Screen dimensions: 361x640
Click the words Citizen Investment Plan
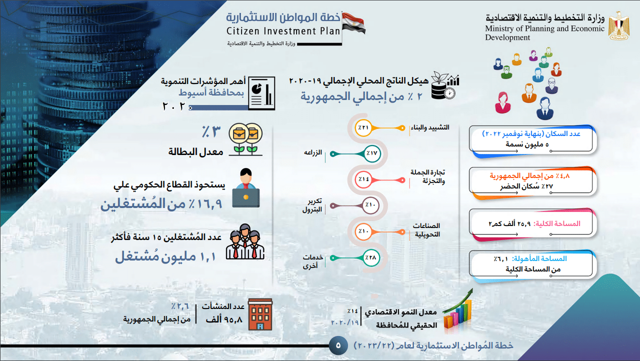[x=283, y=31]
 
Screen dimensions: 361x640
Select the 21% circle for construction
[x=363, y=128]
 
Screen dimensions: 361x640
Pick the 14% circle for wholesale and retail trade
[x=363, y=178]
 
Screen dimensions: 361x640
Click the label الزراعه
[x=313, y=152]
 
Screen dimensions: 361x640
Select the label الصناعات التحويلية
[x=426, y=229]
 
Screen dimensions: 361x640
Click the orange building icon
[x=260, y=314]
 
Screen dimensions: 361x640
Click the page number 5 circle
[x=338, y=344]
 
